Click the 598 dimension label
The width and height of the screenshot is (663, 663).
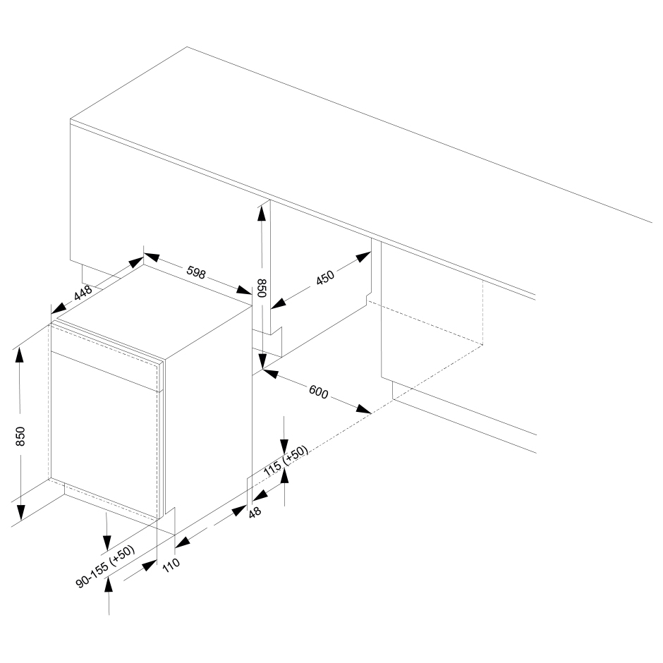point(196,273)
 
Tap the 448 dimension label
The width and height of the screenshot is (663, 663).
point(83,293)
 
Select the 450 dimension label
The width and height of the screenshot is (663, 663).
point(325,277)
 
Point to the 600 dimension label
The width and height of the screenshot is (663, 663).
point(318,392)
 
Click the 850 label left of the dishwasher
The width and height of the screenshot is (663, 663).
point(20,437)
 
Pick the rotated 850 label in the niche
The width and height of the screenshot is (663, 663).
point(262,288)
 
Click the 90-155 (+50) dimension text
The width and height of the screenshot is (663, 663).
point(105,566)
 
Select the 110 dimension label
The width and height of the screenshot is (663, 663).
point(171,565)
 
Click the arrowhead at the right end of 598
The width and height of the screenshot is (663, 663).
point(245,290)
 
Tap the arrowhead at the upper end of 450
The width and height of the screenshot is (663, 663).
point(363,256)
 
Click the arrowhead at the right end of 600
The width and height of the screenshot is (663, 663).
point(364,409)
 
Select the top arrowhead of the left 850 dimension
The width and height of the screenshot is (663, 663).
point(20,358)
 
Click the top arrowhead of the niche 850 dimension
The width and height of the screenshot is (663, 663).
point(262,212)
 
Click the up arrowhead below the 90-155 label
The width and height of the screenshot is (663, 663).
point(109,585)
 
